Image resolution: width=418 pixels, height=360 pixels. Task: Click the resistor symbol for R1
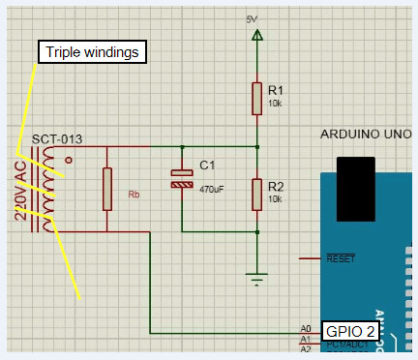[257, 96]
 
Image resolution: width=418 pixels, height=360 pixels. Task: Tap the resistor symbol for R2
[257, 194]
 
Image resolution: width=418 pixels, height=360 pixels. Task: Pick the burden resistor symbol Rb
[106, 189]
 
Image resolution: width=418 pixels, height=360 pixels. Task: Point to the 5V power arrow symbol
[257, 37]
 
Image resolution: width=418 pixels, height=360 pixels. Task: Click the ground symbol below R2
[257, 281]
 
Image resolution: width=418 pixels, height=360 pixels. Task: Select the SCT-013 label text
[56, 139]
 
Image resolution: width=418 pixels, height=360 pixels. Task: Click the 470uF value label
[212, 190]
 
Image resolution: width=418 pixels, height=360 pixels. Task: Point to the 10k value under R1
[276, 103]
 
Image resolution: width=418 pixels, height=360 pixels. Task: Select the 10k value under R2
[276, 199]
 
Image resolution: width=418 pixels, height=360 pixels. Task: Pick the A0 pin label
[307, 329]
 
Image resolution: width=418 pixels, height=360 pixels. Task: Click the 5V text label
[253, 19]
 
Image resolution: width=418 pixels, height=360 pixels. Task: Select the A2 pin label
[307, 349]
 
